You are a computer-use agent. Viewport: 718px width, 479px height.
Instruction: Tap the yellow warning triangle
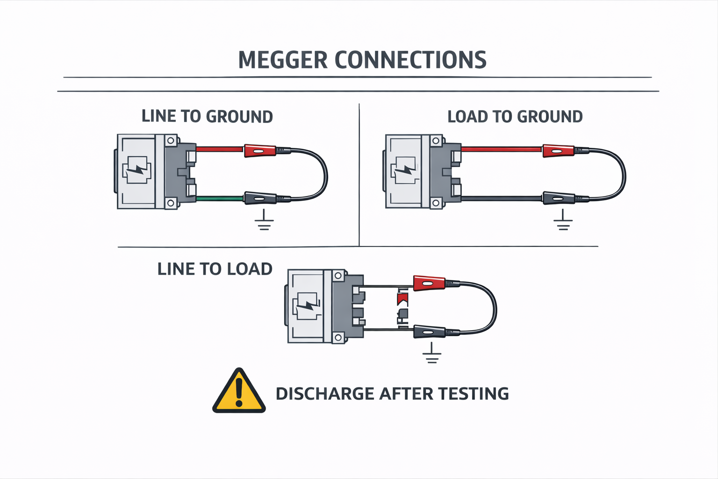point(239,392)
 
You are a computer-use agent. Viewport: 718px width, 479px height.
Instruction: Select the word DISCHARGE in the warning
point(325,394)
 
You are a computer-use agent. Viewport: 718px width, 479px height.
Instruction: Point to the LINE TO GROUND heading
point(207,116)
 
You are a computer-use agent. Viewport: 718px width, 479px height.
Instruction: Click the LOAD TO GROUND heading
point(515,116)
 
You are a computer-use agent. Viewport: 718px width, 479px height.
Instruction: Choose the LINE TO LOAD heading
point(215,269)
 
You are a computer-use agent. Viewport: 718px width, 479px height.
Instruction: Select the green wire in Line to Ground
point(220,199)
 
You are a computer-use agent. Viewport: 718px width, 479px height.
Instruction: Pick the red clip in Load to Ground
point(558,151)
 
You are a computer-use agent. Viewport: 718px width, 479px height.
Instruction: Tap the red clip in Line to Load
point(429,283)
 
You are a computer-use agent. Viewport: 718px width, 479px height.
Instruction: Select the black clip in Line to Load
point(429,332)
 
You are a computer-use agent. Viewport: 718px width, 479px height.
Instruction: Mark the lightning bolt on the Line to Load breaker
point(307,305)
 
